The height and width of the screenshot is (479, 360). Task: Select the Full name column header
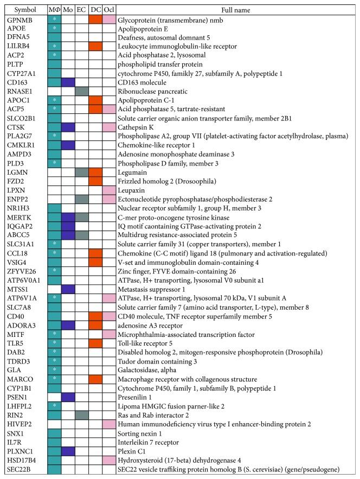tap(236, 10)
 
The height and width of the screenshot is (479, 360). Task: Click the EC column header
tap(81, 10)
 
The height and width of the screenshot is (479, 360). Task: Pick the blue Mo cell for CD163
tap(68, 81)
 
